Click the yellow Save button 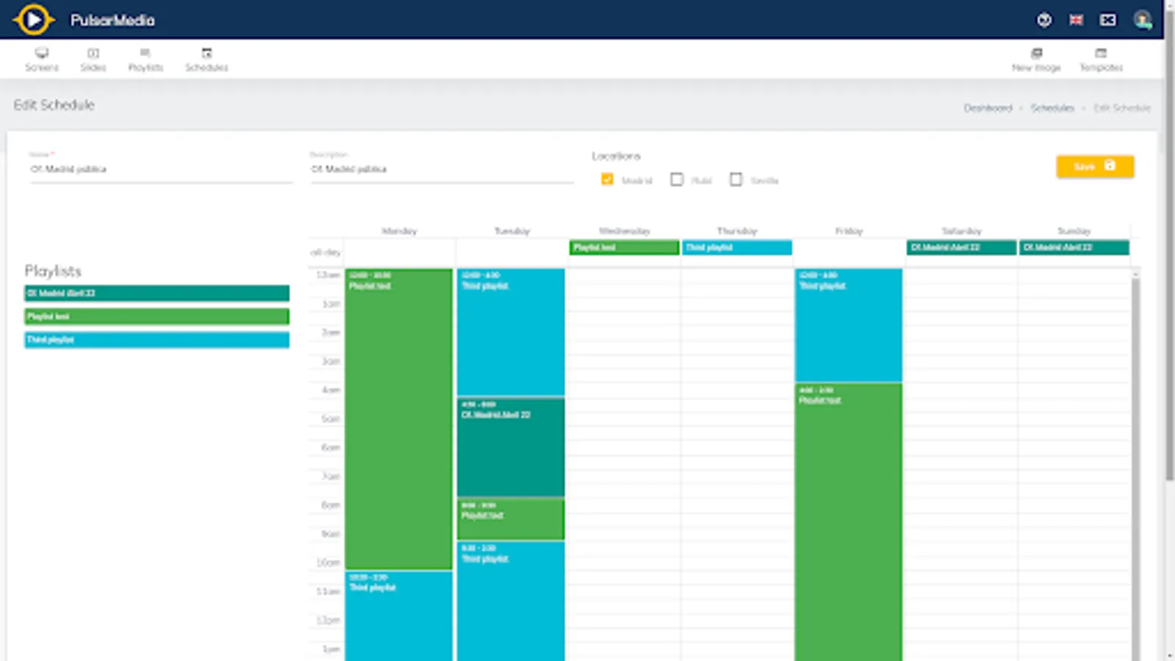1094,167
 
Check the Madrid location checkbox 607,179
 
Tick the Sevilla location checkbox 736,179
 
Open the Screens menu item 42,59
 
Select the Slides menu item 93,59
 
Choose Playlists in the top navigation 145,59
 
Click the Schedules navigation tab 206,59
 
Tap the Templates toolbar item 1101,59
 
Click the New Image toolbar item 1036,59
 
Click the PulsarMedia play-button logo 33,20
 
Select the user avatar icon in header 1142,20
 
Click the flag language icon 1076,20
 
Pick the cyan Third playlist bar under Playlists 156,339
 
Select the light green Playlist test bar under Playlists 156,317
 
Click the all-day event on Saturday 961,248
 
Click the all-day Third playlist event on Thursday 737,248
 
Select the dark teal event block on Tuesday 511,447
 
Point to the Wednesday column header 624,231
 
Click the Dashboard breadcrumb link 988,108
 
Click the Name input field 161,170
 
